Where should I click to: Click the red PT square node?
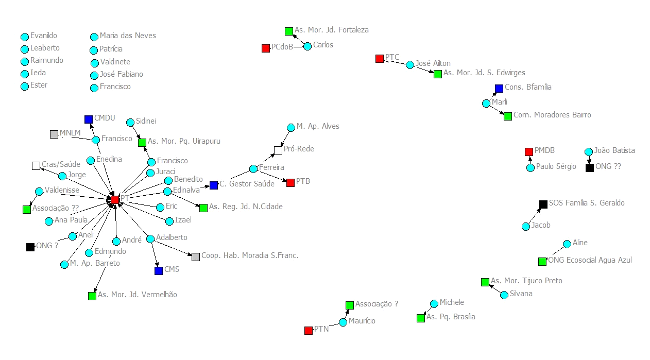(x=115, y=199)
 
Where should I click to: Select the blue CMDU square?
(x=89, y=119)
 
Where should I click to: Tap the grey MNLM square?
(x=54, y=134)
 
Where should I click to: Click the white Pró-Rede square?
(x=278, y=150)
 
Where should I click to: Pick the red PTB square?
(x=290, y=183)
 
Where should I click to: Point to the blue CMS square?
(x=159, y=270)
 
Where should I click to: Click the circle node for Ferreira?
(x=253, y=169)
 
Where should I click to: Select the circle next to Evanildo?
(x=25, y=37)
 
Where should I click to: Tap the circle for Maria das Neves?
(x=94, y=37)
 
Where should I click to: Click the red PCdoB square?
(x=266, y=48)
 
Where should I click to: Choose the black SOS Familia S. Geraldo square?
(x=543, y=204)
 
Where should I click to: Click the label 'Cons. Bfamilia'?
(x=528, y=87)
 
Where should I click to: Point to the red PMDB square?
(x=528, y=152)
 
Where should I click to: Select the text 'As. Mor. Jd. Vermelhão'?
(x=138, y=295)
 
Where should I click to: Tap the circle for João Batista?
(x=589, y=152)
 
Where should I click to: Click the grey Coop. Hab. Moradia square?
(x=196, y=256)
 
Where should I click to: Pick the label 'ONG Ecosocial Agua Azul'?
(x=590, y=260)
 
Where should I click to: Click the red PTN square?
(x=309, y=331)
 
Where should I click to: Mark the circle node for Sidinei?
(x=130, y=123)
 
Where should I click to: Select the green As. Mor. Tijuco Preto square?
(x=485, y=282)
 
